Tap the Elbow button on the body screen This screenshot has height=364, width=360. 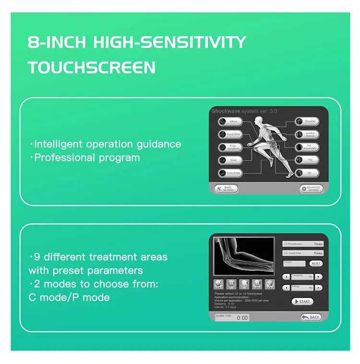point(230,122)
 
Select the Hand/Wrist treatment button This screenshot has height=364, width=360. point(230,135)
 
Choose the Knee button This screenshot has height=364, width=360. point(230,160)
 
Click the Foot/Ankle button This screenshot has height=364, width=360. point(230,173)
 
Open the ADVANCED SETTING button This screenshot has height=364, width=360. point(312,188)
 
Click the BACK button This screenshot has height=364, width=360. point(312,317)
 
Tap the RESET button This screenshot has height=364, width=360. point(316,263)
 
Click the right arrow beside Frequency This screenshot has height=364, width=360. point(319,277)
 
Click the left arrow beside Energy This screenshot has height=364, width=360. point(286,288)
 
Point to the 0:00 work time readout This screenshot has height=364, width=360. point(242,317)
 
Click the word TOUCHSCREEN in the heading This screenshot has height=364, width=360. point(92,67)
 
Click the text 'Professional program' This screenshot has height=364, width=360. point(87,157)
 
